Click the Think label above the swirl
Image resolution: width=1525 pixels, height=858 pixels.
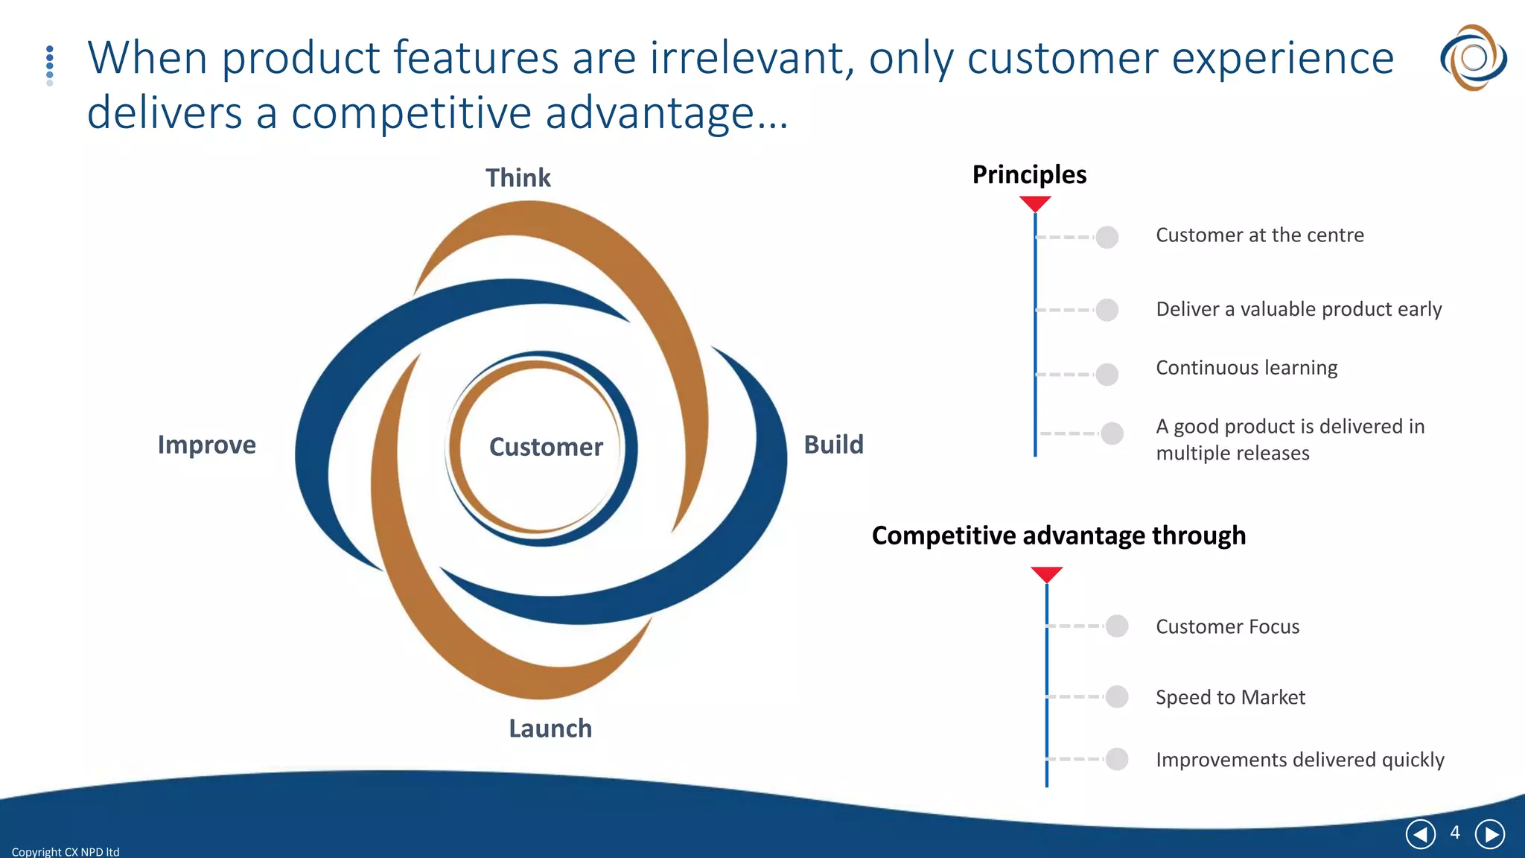[x=518, y=178]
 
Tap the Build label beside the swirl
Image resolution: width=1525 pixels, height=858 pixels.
[x=833, y=445]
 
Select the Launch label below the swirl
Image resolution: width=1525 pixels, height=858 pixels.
[x=550, y=728]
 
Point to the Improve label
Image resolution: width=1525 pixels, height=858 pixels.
[x=206, y=445]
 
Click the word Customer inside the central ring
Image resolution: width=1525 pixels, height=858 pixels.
[x=546, y=447]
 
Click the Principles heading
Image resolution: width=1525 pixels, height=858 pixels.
[x=1029, y=174]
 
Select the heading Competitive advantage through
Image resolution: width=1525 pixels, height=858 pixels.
[x=1058, y=536]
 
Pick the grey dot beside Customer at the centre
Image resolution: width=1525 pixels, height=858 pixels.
[x=1107, y=237]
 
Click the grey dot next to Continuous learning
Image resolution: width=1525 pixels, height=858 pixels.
[x=1107, y=374]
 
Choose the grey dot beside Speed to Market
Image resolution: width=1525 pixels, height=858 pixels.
[x=1117, y=696]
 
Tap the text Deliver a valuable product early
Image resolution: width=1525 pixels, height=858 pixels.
[x=1299, y=309]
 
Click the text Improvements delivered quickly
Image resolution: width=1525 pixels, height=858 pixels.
[x=1299, y=760]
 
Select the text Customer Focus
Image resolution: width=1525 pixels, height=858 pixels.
[x=1227, y=626]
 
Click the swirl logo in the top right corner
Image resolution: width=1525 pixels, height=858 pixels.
[x=1473, y=57]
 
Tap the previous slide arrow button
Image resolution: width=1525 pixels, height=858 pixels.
[x=1420, y=834]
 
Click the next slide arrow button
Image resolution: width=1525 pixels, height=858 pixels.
[x=1489, y=834]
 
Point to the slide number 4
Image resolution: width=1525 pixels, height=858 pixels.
[x=1455, y=833]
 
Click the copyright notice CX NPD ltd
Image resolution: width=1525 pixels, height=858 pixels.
[x=66, y=851]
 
